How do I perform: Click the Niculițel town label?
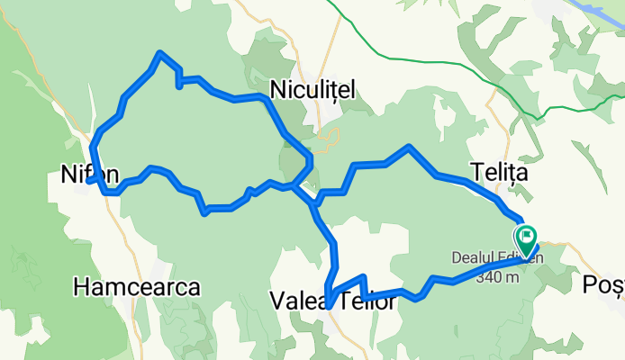click(x=312, y=89)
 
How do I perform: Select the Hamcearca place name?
click(x=136, y=287)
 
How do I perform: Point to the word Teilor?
click(x=367, y=302)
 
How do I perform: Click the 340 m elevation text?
click(x=497, y=277)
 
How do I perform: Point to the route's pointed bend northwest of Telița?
click(x=410, y=146)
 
